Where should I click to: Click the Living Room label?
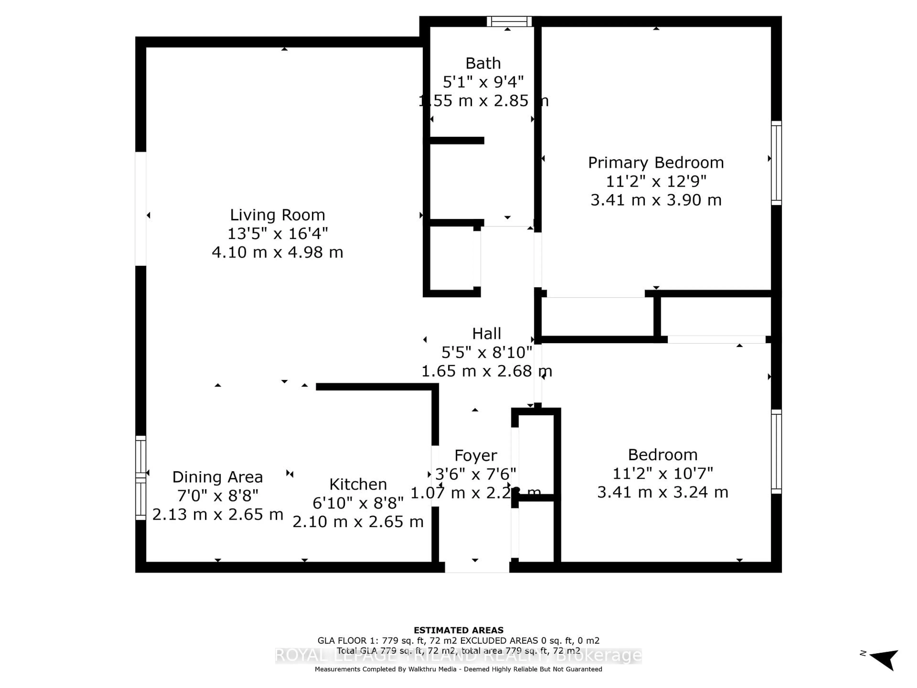coord(277,215)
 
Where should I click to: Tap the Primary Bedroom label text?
coord(656,163)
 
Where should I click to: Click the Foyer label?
coord(475,455)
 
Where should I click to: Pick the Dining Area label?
coord(217,477)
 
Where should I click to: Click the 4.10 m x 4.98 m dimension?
coord(277,252)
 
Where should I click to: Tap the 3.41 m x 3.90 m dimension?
coord(656,200)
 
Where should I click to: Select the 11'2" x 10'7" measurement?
coord(662,473)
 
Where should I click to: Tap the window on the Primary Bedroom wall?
coord(776,163)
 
